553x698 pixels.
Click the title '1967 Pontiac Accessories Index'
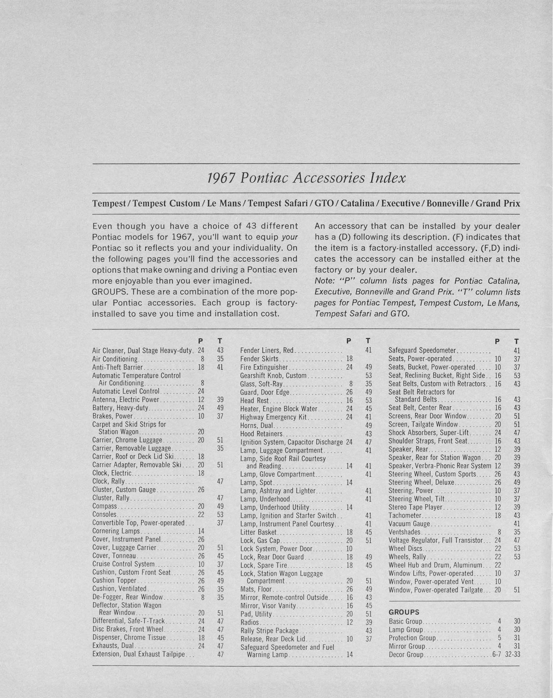tap(306, 178)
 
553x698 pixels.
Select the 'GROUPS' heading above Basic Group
tap(404, 612)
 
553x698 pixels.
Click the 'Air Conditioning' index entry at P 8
tap(115, 359)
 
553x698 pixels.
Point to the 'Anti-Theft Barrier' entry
tap(118, 367)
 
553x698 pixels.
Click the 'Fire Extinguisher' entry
tap(264, 367)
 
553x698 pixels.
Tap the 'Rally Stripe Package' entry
tap(269, 631)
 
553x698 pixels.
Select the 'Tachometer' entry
tap(405, 515)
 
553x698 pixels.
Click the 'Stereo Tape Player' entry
tap(415, 507)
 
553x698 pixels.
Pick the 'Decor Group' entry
tap(406, 655)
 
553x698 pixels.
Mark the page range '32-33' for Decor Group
tap(513, 655)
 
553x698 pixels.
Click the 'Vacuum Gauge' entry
tap(409, 523)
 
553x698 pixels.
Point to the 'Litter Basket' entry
tap(259, 532)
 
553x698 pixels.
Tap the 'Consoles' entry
tap(104, 514)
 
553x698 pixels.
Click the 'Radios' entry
tap(250, 622)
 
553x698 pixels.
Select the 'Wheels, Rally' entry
tap(407, 557)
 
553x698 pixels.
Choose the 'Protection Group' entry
tap(412, 638)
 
